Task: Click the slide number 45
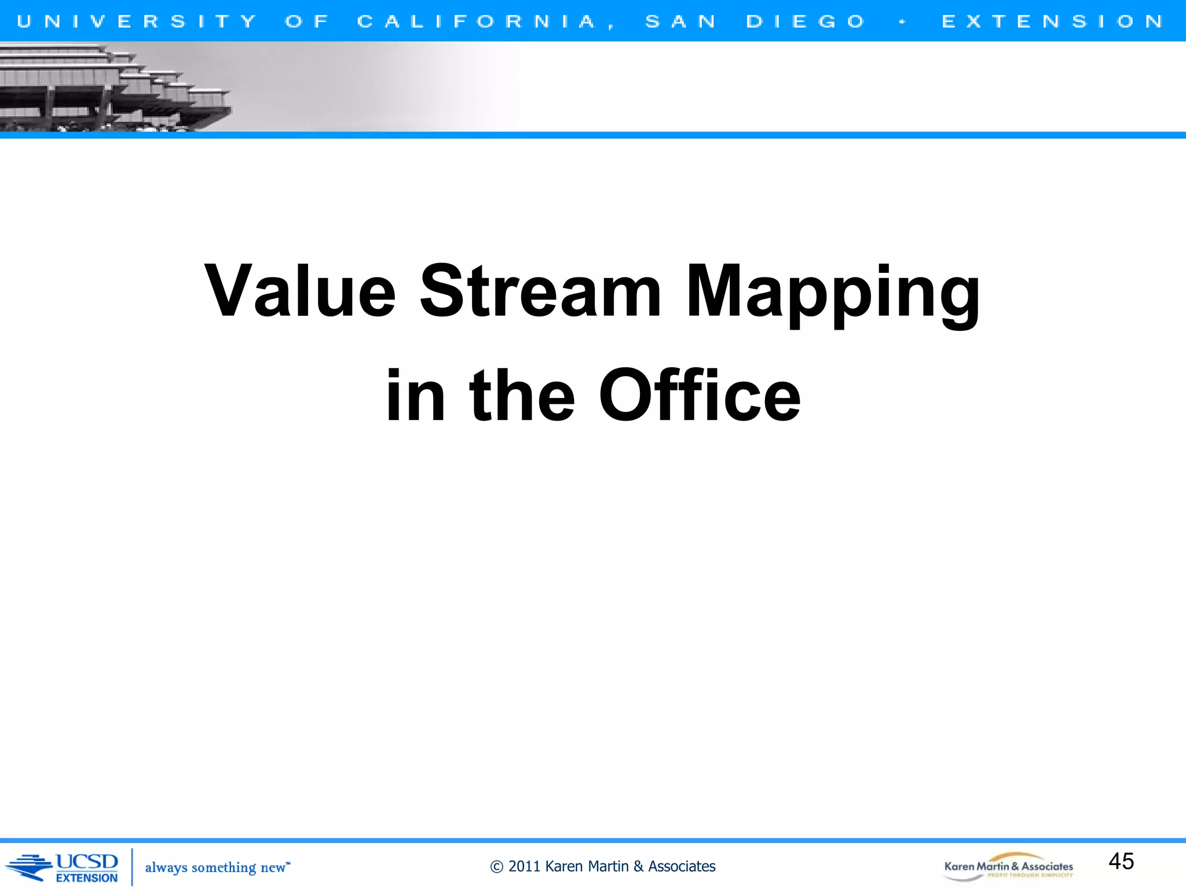pos(1121,861)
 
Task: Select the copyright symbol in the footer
pos(496,867)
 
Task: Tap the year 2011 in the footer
pos(524,866)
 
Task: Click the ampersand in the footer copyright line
pos(638,866)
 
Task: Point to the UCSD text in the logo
pos(87,862)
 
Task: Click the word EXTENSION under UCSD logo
pos(87,878)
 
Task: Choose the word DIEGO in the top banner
pos(806,21)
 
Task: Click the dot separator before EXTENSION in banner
pos(902,22)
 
